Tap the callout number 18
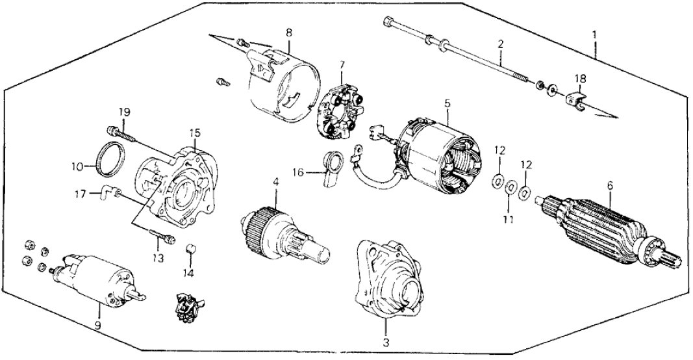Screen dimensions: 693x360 click(x=580, y=79)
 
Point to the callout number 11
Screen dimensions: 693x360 click(x=509, y=218)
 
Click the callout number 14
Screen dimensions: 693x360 click(x=189, y=274)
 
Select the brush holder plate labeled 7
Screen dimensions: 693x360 click(x=341, y=110)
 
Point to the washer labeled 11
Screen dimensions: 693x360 click(x=510, y=186)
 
